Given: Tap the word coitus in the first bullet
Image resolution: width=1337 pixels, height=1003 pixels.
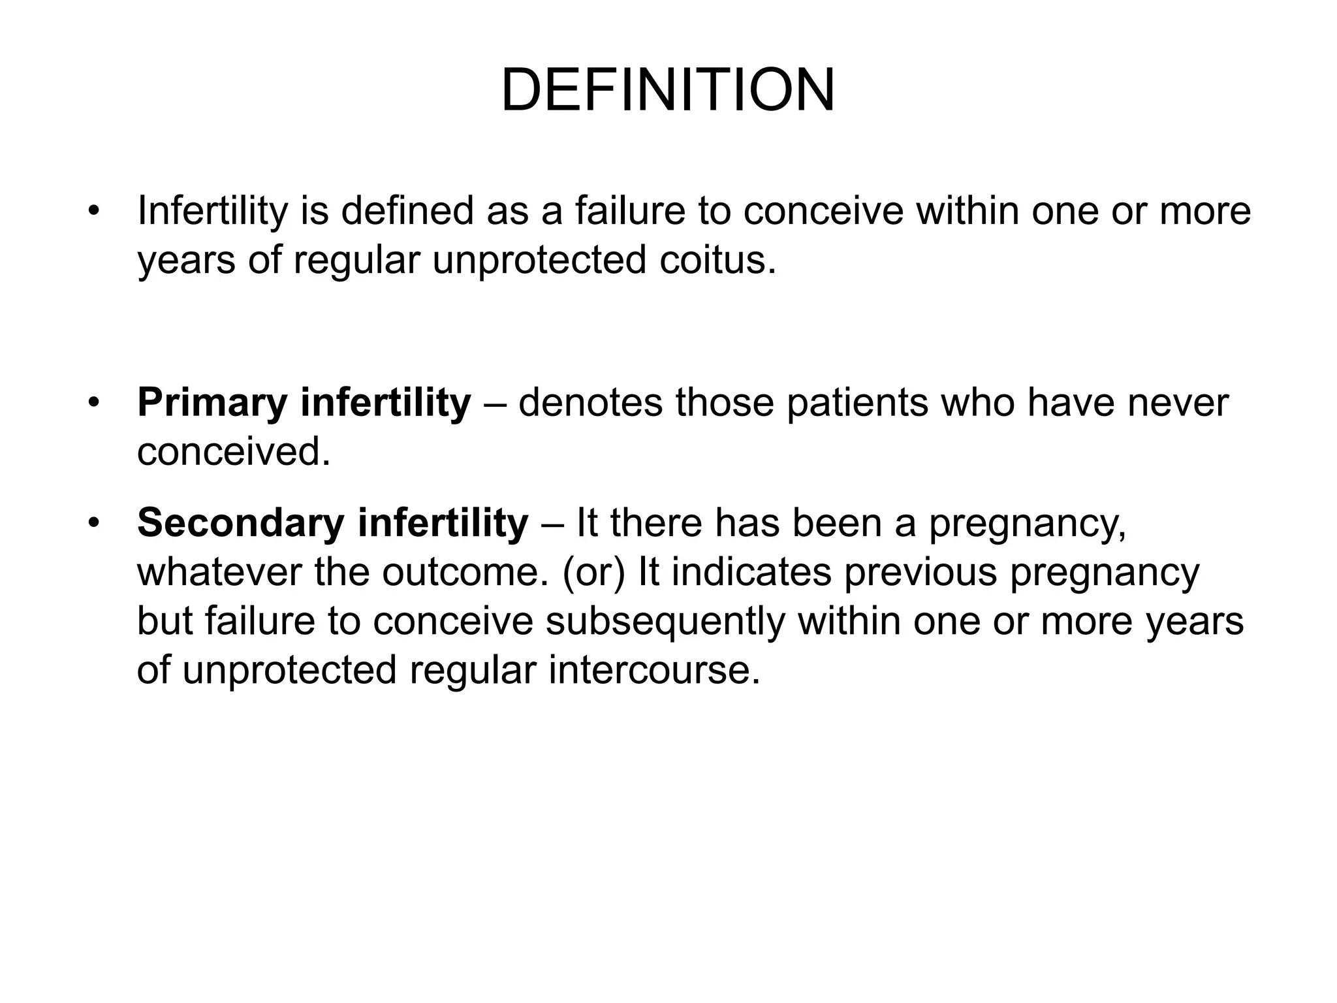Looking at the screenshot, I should pos(717,260).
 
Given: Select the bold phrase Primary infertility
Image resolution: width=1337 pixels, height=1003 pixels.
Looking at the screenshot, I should pos(304,403).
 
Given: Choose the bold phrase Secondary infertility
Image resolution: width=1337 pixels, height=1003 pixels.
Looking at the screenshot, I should pos(332,524).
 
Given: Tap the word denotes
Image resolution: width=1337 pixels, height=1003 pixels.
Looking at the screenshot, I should pos(590,403).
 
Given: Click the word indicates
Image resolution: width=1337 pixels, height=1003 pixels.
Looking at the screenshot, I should pos(751,573).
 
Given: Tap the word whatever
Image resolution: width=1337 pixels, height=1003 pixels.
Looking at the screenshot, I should pos(219,573).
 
